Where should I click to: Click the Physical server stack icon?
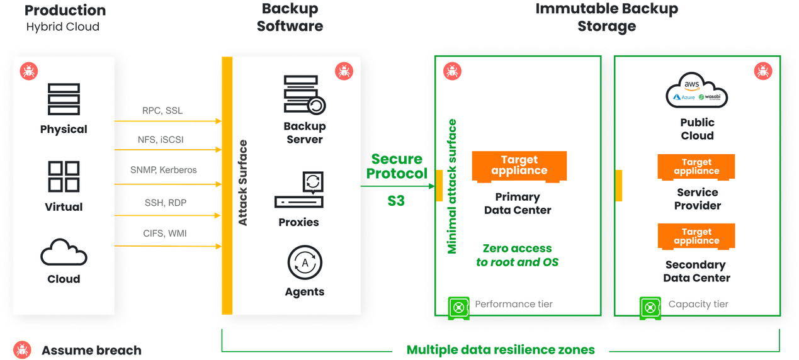point(64,99)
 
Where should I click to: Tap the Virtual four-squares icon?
point(64,176)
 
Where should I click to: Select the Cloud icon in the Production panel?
point(64,252)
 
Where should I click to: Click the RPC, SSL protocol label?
point(162,111)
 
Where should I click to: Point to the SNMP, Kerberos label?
point(163,170)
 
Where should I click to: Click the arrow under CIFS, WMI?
point(167,246)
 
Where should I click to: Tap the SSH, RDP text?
point(166,203)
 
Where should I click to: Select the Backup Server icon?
point(305,95)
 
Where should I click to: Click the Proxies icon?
point(299,189)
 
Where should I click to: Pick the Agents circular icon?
point(305,262)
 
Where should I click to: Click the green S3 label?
point(396,201)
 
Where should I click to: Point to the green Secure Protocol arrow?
point(398,186)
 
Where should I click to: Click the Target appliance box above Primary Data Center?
point(519,166)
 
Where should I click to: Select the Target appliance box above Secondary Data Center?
point(696,236)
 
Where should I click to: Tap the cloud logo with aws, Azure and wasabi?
point(696,90)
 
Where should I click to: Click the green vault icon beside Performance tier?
point(459,308)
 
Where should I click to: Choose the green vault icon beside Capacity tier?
point(650,308)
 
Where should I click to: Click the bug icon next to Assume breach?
point(22,350)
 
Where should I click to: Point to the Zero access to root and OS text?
point(517,255)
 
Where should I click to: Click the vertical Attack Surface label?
point(242,183)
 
